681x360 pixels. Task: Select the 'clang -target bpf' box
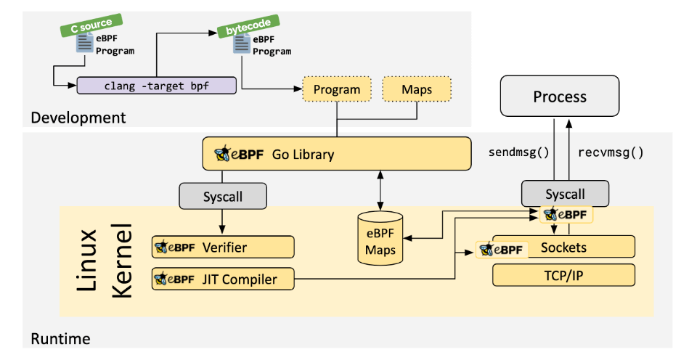(157, 85)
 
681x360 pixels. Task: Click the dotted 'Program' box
(336, 90)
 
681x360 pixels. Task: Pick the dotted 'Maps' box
(416, 90)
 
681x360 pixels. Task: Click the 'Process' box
(560, 97)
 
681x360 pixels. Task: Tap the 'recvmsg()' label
(611, 152)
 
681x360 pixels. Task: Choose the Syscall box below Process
(565, 194)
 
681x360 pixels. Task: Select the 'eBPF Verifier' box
(223, 247)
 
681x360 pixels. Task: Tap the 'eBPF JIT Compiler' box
(223, 279)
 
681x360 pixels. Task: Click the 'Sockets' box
(563, 247)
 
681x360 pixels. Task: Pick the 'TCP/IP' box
(563, 275)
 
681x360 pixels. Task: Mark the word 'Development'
(78, 117)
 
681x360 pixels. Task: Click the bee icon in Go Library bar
(222, 154)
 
